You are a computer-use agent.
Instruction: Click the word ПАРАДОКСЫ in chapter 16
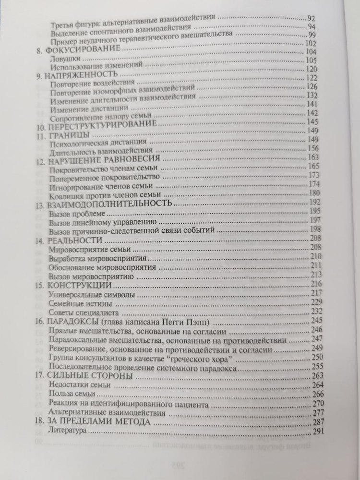pos(70,322)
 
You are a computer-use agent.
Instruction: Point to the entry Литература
pos(67,432)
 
